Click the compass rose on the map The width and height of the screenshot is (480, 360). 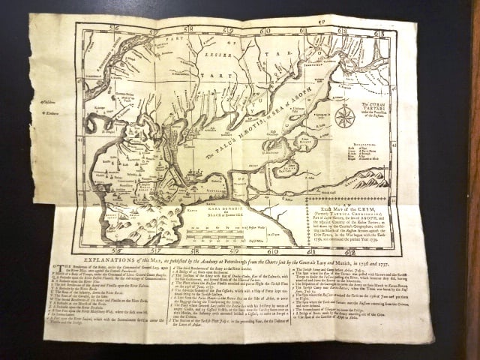[344, 116]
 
